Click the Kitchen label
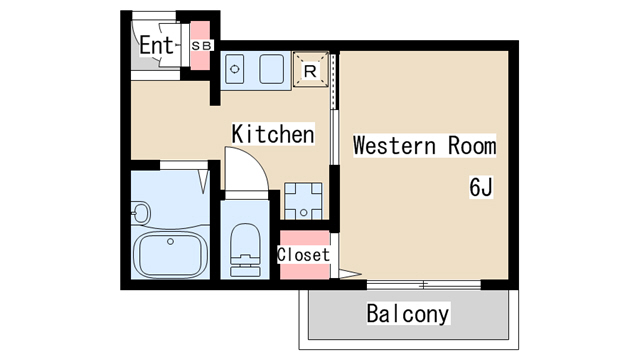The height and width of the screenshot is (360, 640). (273, 133)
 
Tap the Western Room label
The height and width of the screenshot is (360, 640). (424, 146)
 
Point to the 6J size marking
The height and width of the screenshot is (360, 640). (481, 187)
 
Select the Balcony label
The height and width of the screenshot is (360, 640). (408, 313)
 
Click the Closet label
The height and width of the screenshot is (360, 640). (303, 255)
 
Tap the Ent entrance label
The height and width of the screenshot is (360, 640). (157, 45)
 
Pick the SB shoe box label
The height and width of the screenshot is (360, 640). (201, 46)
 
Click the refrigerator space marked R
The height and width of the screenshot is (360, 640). (311, 69)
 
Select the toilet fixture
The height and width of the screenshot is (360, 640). (245, 250)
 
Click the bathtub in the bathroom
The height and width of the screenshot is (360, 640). (170, 254)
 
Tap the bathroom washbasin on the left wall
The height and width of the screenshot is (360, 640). (140, 212)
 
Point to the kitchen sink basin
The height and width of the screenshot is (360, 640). (272, 69)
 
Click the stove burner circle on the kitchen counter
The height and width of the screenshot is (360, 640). (235, 69)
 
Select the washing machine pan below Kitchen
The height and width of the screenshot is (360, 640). (303, 201)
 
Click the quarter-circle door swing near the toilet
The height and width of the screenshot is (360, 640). (247, 168)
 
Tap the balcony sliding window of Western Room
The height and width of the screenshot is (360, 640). (424, 284)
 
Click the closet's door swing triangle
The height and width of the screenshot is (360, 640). (350, 274)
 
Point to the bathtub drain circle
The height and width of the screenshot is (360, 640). (170, 242)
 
